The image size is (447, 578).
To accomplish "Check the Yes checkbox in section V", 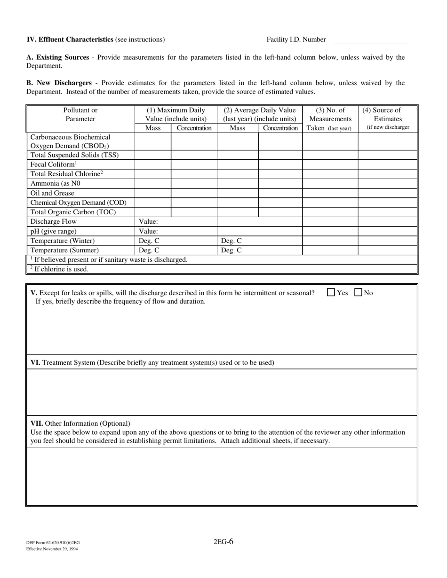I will click(x=331, y=292).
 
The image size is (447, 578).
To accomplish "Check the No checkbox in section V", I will click(x=358, y=292).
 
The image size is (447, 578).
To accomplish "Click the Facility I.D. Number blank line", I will click(x=371, y=40).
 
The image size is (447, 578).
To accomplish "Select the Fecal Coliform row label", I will click(x=53, y=164).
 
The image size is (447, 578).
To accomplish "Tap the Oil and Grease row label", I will click(x=52, y=193).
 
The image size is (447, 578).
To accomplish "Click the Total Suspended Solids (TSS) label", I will click(x=74, y=155).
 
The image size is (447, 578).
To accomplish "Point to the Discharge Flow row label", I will click(x=54, y=222).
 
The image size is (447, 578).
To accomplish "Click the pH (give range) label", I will click(x=54, y=231).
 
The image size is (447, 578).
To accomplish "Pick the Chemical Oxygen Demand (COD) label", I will click(x=79, y=203).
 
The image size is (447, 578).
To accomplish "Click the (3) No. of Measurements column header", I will click(x=330, y=119).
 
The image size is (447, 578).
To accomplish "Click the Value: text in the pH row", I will click(x=148, y=231).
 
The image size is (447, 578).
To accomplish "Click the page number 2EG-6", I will click(x=223, y=541).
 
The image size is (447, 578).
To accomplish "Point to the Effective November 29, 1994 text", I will click(x=52, y=548).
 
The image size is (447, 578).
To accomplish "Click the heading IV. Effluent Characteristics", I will click(x=70, y=39).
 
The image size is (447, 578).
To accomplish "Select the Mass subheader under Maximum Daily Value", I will click(x=152, y=128).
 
